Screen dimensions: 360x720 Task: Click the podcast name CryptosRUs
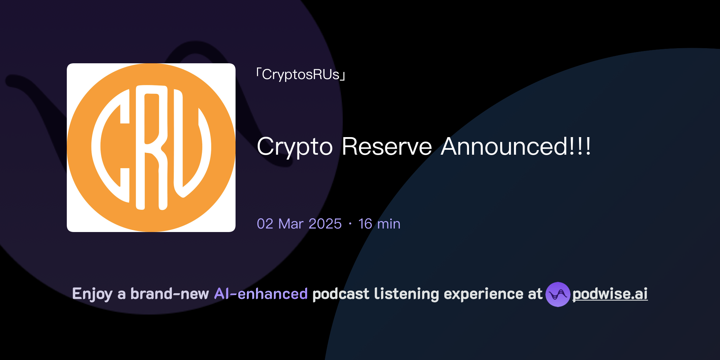[301, 75]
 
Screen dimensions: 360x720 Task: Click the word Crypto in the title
[295, 147]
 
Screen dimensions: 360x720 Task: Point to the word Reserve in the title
[387, 147]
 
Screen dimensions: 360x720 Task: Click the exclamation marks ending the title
[580, 147]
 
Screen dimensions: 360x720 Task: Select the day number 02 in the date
[265, 224]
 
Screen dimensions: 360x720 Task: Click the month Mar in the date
[291, 224]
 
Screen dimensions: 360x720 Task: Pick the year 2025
[325, 224]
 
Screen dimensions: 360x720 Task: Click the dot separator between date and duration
[350, 224]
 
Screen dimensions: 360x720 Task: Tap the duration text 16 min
[379, 224]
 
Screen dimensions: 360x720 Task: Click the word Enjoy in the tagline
[92, 294]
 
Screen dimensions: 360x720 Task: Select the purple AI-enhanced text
[261, 294]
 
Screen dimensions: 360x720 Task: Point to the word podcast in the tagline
[341, 294]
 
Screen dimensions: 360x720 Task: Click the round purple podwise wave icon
[558, 294]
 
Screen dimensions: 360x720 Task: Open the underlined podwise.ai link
[610, 294]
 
